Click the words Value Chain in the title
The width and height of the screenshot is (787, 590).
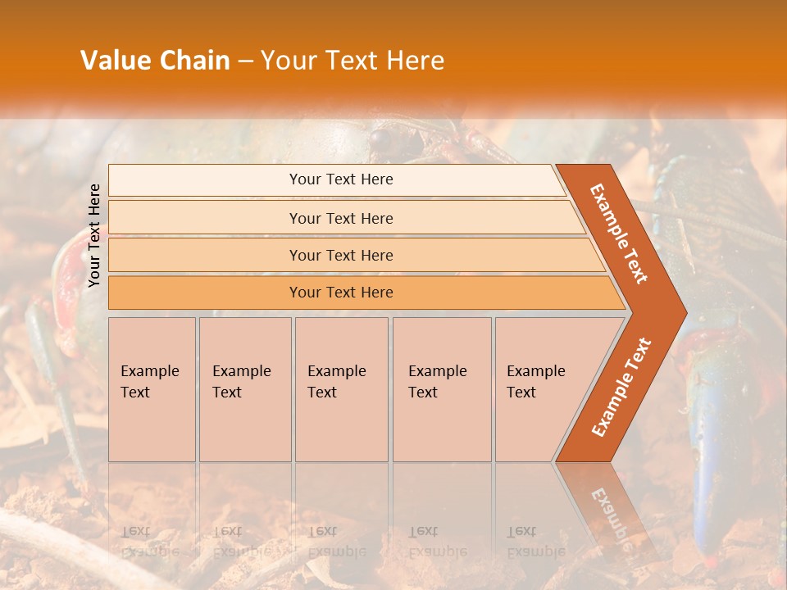tap(155, 61)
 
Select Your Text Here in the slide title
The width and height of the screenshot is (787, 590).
tap(353, 61)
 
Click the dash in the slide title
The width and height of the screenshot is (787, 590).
tap(245, 61)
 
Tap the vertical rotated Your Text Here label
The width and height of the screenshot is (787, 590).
tap(94, 235)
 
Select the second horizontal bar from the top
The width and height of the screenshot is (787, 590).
tap(340, 218)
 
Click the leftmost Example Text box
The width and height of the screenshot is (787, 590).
tap(152, 388)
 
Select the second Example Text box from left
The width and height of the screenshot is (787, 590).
tap(245, 388)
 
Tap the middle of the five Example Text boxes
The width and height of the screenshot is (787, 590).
tap(341, 388)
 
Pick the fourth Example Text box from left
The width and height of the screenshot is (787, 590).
tap(442, 388)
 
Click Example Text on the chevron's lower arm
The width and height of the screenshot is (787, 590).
tap(621, 387)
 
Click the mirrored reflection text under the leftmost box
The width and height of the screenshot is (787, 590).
tap(150, 542)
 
